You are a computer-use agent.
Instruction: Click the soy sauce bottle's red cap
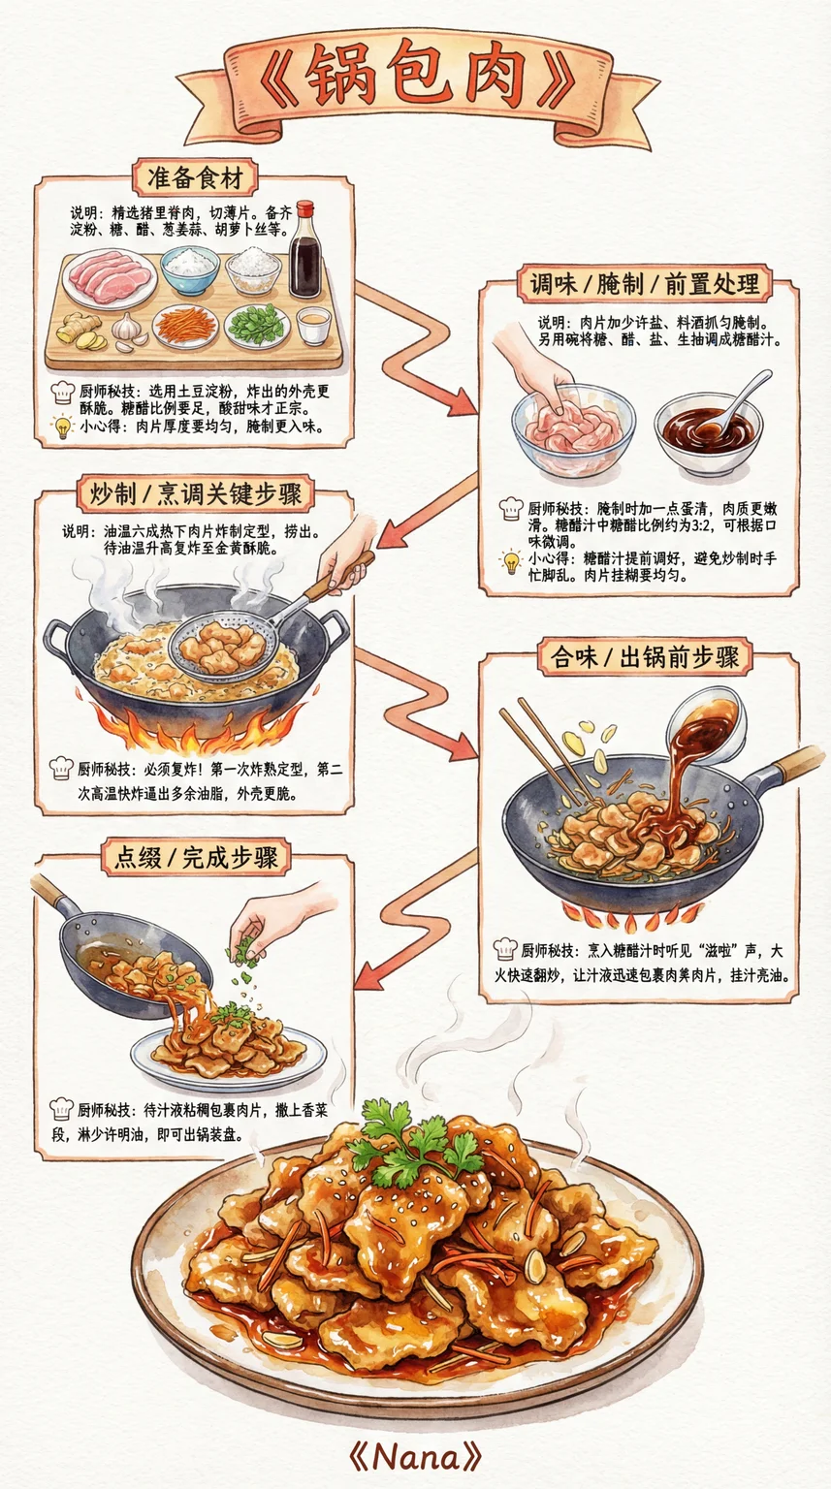click(x=304, y=208)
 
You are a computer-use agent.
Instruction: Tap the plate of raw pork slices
click(x=111, y=279)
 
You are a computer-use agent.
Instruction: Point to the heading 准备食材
click(x=195, y=178)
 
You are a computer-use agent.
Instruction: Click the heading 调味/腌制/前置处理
click(x=645, y=284)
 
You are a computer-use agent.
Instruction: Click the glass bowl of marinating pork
click(x=573, y=428)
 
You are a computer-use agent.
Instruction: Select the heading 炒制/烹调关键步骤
click(x=195, y=493)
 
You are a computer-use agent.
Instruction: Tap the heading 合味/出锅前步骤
click(x=645, y=657)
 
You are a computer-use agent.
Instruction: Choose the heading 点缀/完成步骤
click(x=196, y=858)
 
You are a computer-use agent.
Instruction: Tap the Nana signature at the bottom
click(x=415, y=1456)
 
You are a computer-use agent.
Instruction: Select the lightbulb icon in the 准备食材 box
click(x=62, y=427)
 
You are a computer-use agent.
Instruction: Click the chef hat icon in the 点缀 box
click(x=62, y=1109)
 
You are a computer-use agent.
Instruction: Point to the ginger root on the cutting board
click(x=80, y=331)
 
